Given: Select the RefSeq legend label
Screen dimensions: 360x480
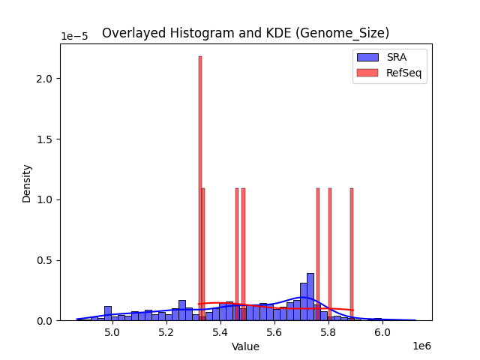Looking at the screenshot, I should pos(403,72).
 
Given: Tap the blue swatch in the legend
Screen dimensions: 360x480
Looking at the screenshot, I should pos(367,57).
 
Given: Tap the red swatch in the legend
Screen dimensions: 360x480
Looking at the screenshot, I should pos(367,72).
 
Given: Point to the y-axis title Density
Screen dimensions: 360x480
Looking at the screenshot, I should pos(27,183).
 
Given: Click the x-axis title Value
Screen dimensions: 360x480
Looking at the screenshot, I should pos(245,347).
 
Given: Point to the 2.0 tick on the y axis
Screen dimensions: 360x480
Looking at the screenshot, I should pos(45,79).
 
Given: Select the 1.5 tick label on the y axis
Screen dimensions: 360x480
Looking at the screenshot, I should pos(45,139).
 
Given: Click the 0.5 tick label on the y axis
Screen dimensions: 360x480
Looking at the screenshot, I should pos(45,260).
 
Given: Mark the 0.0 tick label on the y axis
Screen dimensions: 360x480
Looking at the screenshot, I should pos(45,321).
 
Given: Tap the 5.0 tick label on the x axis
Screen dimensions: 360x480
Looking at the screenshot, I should pos(112,333).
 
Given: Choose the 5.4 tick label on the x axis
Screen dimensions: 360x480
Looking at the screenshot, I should pos(220,333).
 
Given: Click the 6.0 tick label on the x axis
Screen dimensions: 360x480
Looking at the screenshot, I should pos(382,333).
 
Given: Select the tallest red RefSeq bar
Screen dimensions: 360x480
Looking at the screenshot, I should pos(200,187).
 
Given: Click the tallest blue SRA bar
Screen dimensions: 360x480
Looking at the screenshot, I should pos(310,297).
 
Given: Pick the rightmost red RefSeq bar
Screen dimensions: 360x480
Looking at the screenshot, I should pos(352,255).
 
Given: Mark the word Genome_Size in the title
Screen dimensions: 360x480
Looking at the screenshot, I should pos(352,33).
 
